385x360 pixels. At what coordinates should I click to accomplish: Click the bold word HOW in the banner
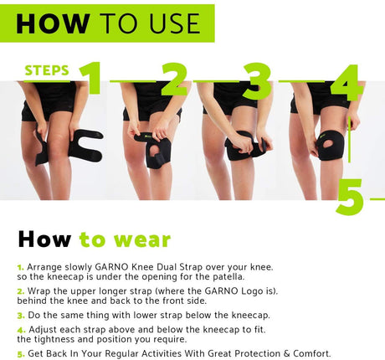[53, 23]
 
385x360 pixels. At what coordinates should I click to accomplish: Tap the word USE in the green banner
[175, 23]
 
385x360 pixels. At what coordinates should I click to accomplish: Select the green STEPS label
[47, 70]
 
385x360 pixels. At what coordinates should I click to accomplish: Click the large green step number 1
[91, 78]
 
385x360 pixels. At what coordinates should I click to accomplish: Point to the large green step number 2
[175, 80]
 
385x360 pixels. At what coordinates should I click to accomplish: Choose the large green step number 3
[257, 81]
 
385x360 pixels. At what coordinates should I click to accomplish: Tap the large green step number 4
[347, 83]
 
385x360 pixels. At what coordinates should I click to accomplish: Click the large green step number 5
[351, 197]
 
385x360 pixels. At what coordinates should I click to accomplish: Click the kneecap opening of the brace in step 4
[328, 144]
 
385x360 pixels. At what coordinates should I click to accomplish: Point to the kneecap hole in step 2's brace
[153, 151]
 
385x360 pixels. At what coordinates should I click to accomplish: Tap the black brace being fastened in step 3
[245, 147]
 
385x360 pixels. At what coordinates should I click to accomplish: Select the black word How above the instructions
[44, 239]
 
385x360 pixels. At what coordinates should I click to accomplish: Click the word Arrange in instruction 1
[44, 267]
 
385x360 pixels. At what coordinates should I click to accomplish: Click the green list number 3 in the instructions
[21, 316]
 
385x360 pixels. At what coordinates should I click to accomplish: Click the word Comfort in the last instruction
[311, 353]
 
